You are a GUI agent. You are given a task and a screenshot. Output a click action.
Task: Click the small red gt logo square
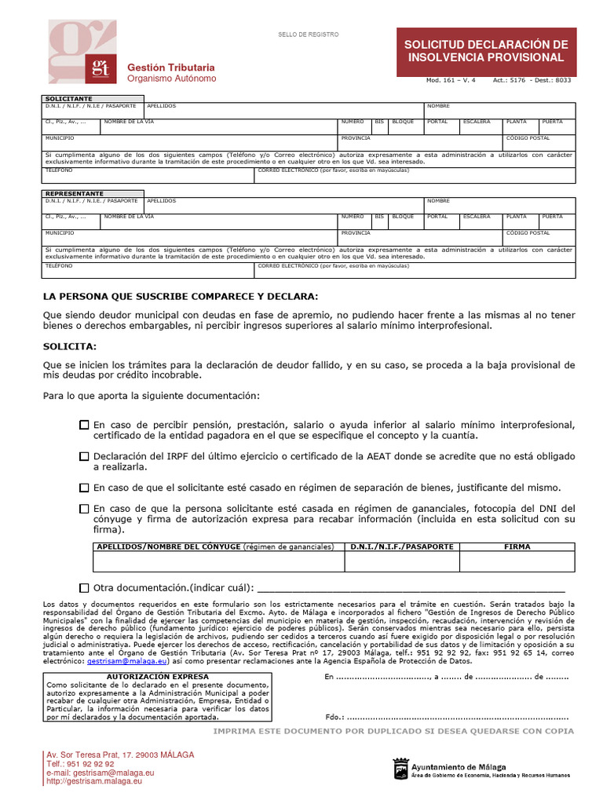(x=100, y=66)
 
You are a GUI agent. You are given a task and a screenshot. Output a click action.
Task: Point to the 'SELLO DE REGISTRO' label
(x=308, y=35)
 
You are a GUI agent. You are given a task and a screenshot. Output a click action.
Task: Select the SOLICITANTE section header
(x=69, y=99)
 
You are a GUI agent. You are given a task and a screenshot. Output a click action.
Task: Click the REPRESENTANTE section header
(x=74, y=193)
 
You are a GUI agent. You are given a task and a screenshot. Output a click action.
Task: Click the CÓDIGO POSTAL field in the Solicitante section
(x=539, y=142)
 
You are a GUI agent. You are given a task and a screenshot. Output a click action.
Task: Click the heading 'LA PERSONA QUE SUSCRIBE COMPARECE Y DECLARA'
(x=181, y=296)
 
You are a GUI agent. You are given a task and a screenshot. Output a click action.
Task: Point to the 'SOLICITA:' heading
(x=70, y=346)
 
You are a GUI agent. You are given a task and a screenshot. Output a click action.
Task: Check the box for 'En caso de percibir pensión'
(x=84, y=425)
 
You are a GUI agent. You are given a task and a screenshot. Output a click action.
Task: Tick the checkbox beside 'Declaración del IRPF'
(x=84, y=456)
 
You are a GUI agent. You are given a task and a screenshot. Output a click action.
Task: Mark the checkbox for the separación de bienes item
(x=84, y=488)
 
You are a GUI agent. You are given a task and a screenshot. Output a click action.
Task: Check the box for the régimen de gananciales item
(x=84, y=509)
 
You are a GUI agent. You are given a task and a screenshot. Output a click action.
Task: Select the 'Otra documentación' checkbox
(x=84, y=588)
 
